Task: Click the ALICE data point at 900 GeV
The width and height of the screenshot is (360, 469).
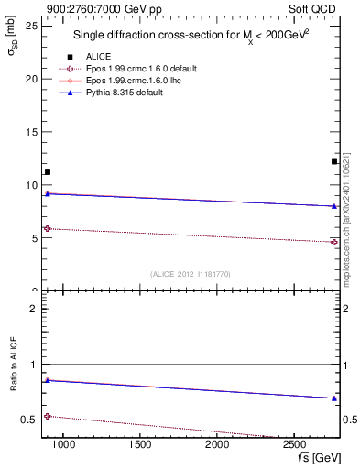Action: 48,172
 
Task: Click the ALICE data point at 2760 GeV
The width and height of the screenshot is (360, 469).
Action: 334,162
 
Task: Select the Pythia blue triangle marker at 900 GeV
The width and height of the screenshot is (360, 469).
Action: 48,193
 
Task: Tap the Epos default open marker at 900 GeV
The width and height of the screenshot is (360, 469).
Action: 48,228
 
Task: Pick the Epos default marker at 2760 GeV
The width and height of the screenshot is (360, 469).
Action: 334,242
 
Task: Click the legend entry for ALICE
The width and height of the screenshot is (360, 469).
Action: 98,56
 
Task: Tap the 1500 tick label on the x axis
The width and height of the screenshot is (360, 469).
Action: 140,444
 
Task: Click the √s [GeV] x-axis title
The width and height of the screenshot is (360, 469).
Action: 318,457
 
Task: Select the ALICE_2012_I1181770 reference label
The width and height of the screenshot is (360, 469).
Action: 191,274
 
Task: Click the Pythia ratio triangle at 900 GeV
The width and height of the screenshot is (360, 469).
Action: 48,380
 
